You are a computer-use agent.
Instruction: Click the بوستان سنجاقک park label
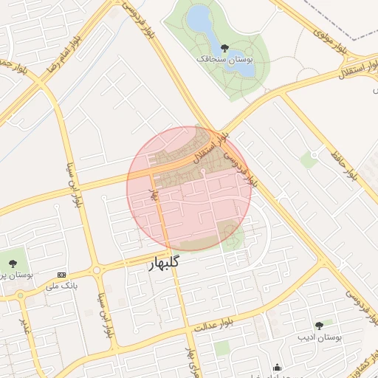224,58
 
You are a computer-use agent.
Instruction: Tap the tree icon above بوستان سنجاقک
224,48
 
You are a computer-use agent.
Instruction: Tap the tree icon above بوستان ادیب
319,325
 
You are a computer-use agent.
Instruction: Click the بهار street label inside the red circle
154,193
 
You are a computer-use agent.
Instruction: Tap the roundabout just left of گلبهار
97,270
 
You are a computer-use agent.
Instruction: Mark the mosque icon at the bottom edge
276,368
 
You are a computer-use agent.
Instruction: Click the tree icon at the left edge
13,262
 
